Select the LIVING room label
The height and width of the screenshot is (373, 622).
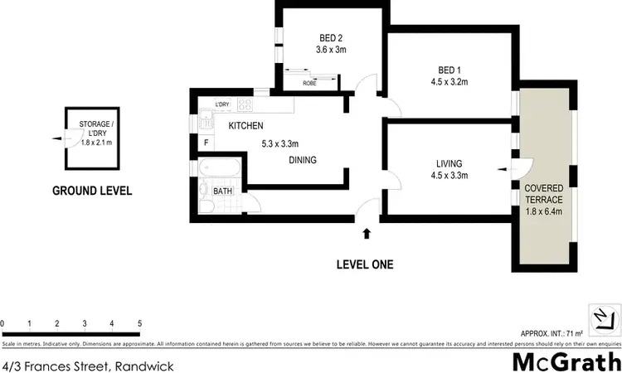click(447, 162)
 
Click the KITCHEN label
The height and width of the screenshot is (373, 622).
click(245, 126)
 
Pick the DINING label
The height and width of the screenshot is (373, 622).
click(303, 160)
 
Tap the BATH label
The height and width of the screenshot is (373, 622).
click(222, 191)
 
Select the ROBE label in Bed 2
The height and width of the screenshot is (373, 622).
click(309, 83)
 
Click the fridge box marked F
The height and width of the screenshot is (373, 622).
click(206, 143)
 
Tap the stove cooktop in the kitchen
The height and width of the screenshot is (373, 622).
click(245, 105)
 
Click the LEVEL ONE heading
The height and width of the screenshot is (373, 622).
click(364, 265)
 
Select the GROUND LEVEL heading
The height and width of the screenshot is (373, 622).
click(92, 190)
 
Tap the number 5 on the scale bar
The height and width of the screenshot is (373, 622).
click(139, 323)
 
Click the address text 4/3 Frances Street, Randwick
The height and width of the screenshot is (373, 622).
click(88, 364)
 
